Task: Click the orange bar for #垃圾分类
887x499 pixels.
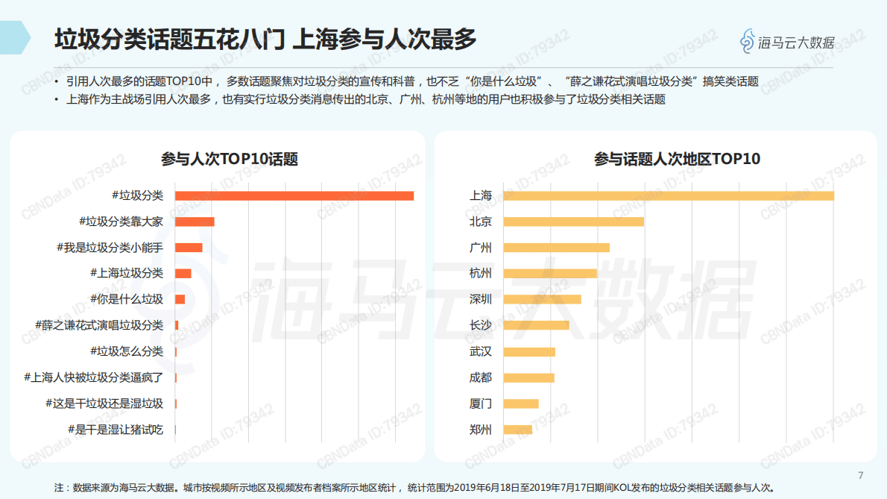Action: [294, 195]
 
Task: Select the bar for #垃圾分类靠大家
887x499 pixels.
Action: [195, 222]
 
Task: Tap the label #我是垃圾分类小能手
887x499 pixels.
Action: [110, 248]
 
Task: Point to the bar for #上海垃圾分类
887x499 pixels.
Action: [183, 274]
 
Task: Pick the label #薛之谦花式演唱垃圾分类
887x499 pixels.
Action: [99, 325]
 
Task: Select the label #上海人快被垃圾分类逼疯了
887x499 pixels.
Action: [93, 377]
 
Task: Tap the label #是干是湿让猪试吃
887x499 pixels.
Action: [115, 430]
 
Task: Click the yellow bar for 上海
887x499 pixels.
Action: [668, 195]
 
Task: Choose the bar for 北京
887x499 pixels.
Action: [573, 222]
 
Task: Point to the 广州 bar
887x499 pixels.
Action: [556, 248]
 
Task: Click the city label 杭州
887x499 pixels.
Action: [481, 274]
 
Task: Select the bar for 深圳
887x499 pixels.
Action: [542, 299]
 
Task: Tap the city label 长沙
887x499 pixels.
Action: [481, 325]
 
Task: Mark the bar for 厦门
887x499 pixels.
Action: [520, 404]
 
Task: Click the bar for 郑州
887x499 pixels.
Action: [517, 430]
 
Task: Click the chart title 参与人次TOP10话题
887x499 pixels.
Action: [230, 159]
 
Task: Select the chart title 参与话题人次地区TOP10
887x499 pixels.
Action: [677, 159]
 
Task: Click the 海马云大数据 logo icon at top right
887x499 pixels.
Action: [748, 41]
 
